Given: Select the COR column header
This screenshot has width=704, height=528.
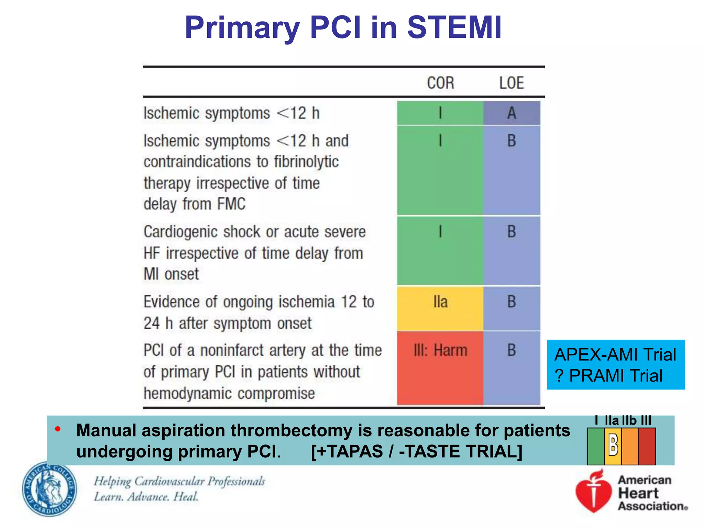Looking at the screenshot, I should pos(440,83).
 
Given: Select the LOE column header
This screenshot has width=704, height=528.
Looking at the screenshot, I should pos(511,83).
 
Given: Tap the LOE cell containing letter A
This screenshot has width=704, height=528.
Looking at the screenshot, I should pos(511,113).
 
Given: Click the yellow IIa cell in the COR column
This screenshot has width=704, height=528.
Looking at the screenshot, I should pos(440,308).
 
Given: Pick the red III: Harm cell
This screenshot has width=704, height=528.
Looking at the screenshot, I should pos(440,368).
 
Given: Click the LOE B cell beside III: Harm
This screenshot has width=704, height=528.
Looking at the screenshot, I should pos(511,368).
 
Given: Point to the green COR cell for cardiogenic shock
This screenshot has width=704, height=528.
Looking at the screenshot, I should pos(440,251).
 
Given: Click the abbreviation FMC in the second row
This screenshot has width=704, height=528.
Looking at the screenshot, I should pos(231,204).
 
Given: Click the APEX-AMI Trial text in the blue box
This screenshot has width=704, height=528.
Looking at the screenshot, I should pos(615,354).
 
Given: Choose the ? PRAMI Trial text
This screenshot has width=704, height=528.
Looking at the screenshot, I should pos(608,375).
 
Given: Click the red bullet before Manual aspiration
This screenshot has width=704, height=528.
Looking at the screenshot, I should pos(58,429).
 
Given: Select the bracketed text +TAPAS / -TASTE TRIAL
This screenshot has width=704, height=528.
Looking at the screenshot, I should pos(416,451).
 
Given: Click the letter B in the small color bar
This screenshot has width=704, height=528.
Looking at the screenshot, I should pos(613,445).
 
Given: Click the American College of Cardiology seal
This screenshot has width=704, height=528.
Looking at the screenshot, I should pos(50,489).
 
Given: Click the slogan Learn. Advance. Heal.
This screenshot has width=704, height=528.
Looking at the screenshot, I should pos(146,497).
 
